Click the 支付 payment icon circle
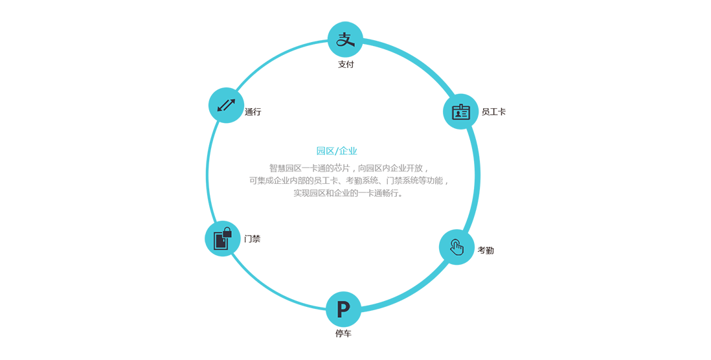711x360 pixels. [x=345, y=40]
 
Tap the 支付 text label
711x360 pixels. [x=346, y=64]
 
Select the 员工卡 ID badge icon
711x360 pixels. [x=460, y=111]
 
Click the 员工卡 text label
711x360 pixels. [x=493, y=112]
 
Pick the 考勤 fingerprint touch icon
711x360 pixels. [x=457, y=247]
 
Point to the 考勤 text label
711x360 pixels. [x=486, y=251]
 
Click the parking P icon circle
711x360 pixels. [x=343, y=309]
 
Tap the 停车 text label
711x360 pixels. [x=343, y=333]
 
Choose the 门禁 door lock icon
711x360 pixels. [x=223, y=238]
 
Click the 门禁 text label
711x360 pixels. [x=252, y=239]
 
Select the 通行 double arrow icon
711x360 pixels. [x=226, y=105]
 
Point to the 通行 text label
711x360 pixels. [x=253, y=112]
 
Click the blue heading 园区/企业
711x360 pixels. [x=337, y=151]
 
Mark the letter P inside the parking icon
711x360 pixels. [x=343, y=309]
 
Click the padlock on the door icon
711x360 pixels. [x=227, y=232]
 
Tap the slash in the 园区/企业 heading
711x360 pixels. [x=337, y=151]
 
